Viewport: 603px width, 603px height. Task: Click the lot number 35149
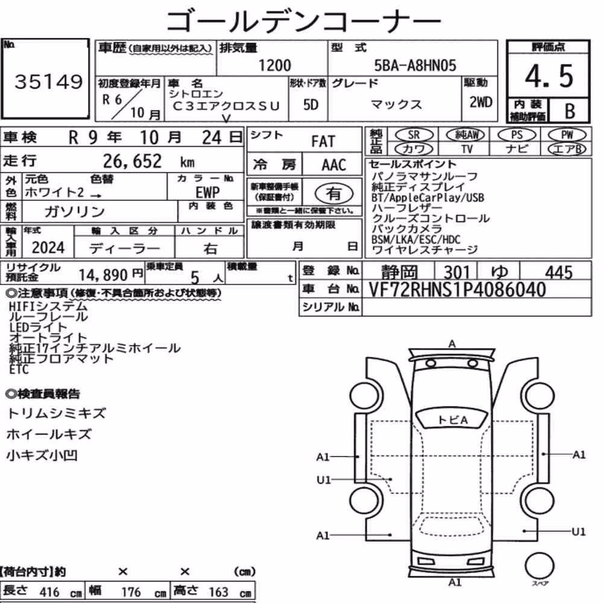pyautogui.click(x=48, y=81)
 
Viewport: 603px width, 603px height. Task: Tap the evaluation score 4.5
pyautogui.click(x=549, y=76)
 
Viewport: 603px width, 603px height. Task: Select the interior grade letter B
pyautogui.click(x=570, y=111)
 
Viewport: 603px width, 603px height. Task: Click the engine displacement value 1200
pyautogui.click(x=274, y=65)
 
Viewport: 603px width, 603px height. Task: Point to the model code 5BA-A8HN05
pyautogui.click(x=415, y=65)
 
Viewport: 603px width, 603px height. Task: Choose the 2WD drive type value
pyautogui.click(x=481, y=103)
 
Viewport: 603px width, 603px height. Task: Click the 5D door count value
pyautogui.click(x=311, y=104)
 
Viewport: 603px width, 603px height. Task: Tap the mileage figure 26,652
pyautogui.click(x=132, y=161)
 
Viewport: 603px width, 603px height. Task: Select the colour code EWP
pyautogui.click(x=207, y=192)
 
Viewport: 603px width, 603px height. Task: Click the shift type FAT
pyautogui.click(x=323, y=142)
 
